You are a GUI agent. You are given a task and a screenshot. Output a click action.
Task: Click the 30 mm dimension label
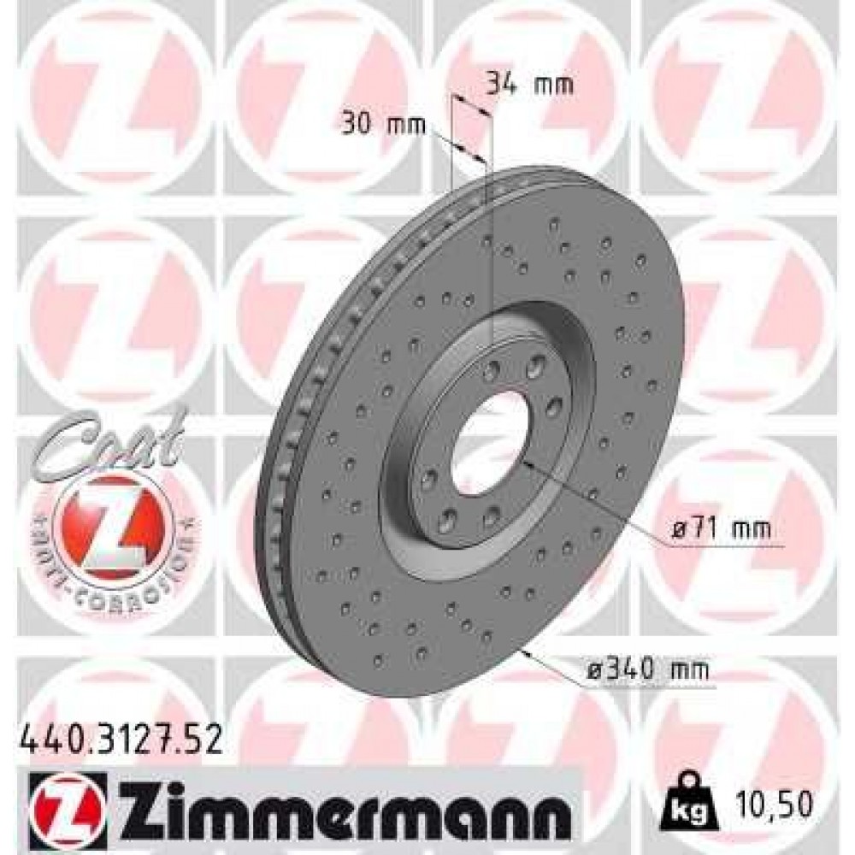pyautogui.click(x=381, y=124)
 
